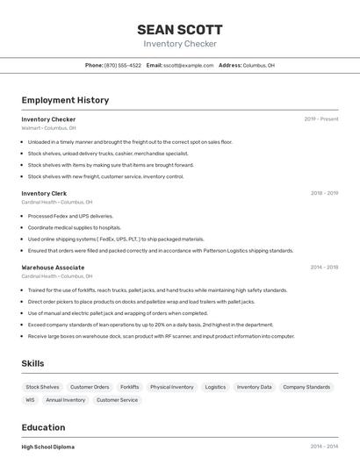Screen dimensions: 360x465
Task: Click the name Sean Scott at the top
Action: click(x=180, y=29)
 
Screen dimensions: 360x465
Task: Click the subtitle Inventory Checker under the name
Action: click(x=180, y=44)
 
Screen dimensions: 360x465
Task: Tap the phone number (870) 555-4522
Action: click(x=122, y=65)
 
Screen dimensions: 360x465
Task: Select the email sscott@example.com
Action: click(x=188, y=65)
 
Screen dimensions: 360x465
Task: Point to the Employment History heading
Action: click(x=65, y=100)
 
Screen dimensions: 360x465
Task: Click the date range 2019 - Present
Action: click(x=321, y=118)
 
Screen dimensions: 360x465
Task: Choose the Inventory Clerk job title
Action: click(x=44, y=193)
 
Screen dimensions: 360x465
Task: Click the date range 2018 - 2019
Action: click(x=324, y=193)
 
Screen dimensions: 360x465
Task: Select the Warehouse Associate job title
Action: click(x=53, y=268)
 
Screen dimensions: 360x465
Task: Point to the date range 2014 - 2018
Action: click(x=324, y=268)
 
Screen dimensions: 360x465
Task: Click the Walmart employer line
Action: click(x=48, y=128)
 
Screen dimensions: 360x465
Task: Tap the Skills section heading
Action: click(x=32, y=363)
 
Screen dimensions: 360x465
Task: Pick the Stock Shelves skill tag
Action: click(x=42, y=387)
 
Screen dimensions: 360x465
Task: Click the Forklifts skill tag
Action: click(x=129, y=387)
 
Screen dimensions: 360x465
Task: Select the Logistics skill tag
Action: click(x=215, y=387)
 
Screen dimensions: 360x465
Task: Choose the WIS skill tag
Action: click(x=30, y=400)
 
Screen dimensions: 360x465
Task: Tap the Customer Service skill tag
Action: click(x=117, y=400)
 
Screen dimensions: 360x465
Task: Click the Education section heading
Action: click(x=43, y=427)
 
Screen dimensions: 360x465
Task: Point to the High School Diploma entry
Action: click(x=48, y=447)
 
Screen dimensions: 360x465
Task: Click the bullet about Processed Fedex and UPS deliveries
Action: click(x=70, y=216)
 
